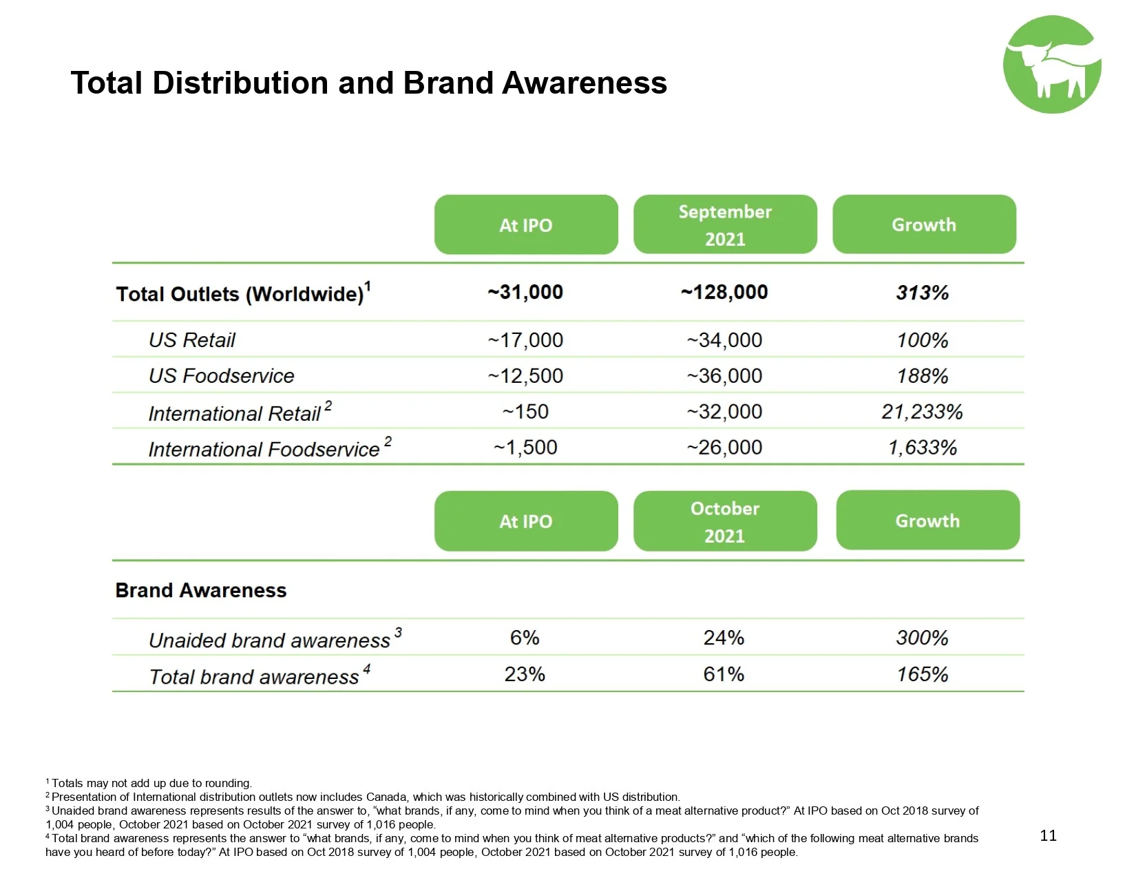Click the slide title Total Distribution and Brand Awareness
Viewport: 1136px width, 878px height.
tap(368, 83)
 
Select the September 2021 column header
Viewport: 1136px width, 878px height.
tap(724, 225)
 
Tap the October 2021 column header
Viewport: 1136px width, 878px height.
tap(724, 521)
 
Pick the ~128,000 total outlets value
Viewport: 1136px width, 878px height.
tap(724, 292)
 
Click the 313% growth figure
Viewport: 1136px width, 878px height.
tap(922, 293)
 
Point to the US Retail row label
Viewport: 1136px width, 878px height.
tap(192, 340)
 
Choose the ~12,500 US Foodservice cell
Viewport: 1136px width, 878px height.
tap(525, 376)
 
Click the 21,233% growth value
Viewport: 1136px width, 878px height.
tap(922, 412)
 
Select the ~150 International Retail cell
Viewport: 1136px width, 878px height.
tap(525, 412)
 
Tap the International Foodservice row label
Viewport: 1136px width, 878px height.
tap(264, 449)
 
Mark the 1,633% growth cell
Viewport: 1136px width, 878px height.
tap(922, 448)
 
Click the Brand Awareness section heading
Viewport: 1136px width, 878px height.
tap(201, 590)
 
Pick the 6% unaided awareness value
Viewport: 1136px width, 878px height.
tap(525, 638)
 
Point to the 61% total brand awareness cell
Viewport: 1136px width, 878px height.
tap(724, 675)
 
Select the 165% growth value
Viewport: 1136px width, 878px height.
tap(922, 675)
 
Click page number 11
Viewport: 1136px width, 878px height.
tap(1048, 835)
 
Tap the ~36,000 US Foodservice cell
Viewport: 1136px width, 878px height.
tap(724, 376)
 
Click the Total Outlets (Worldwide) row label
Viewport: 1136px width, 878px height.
tap(243, 293)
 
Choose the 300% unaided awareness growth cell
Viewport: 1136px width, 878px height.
tap(922, 638)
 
